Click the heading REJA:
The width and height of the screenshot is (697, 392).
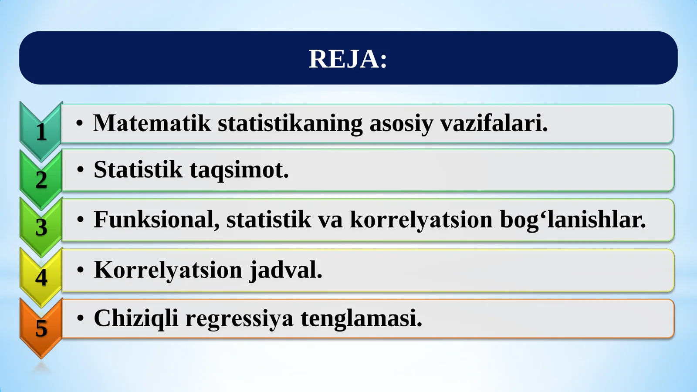coord(348,59)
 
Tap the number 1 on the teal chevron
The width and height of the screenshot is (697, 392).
coord(41,132)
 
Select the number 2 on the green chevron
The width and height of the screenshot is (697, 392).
coord(41,180)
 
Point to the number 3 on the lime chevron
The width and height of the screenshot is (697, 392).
coord(41,227)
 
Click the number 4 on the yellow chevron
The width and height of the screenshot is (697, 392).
coord(41,277)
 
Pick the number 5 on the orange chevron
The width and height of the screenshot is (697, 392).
coord(41,328)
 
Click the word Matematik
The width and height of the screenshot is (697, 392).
coord(152,123)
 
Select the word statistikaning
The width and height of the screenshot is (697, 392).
coord(290,123)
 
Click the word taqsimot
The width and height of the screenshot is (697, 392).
coord(239,170)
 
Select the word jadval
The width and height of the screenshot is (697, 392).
coord(286,270)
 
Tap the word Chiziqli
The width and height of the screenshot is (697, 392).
coord(136,318)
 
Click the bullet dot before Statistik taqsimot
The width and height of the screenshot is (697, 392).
coord(80,170)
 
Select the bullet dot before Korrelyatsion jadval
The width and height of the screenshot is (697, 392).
coord(80,270)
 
